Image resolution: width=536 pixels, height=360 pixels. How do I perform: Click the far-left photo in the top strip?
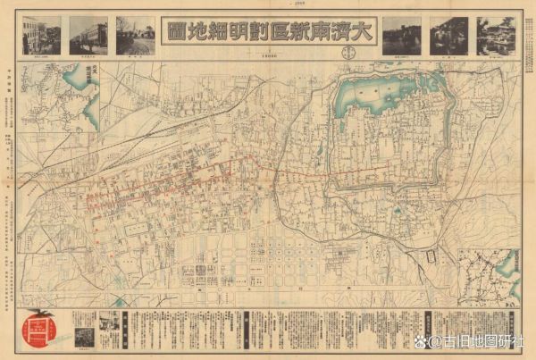tap(42, 35)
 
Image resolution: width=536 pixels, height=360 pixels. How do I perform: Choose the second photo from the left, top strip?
tap(88, 35)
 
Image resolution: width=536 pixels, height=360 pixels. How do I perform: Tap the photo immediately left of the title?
tap(135, 35)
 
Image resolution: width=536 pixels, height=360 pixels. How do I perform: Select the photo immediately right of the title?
tap(402, 35)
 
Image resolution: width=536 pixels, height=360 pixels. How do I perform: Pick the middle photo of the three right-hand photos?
tap(448, 35)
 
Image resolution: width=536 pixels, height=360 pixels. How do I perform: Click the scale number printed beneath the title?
tap(267, 54)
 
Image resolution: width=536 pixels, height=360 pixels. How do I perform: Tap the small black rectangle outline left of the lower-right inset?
tap(431, 256)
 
